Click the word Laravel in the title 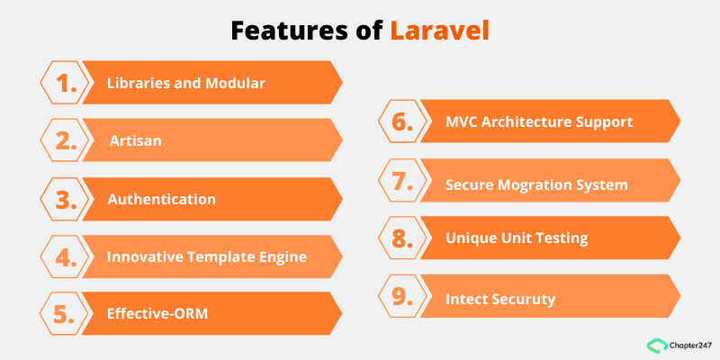(x=441, y=30)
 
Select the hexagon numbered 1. (x=66, y=83)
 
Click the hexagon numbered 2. (x=66, y=140)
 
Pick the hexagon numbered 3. (x=66, y=199)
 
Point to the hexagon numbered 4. (x=66, y=256)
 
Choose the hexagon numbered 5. (x=66, y=314)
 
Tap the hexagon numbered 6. (x=403, y=121)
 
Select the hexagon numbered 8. (x=403, y=238)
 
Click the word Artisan (x=136, y=141)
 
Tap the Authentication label (x=161, y=199)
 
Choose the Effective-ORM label (x=158, y=314)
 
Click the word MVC (x=464, y=121)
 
